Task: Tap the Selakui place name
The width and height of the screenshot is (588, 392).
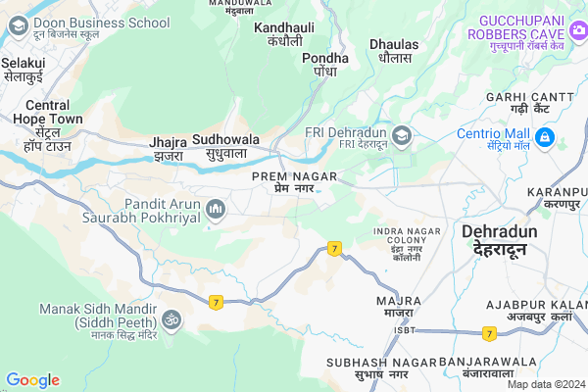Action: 24,68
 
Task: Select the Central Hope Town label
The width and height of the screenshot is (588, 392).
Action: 47,119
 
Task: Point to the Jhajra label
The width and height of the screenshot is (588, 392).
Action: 169,148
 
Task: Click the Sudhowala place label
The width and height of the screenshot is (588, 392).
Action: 226,146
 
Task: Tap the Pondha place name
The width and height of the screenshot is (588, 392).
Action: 325,64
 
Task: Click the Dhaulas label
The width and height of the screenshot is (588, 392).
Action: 395,50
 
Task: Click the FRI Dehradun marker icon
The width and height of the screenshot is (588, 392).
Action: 402,134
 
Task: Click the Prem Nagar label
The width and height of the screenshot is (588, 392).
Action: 294,180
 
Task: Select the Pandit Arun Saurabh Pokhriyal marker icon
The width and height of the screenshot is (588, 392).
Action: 216,208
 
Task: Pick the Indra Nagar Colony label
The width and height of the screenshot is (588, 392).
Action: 405,239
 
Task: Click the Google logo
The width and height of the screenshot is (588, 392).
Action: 32,380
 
